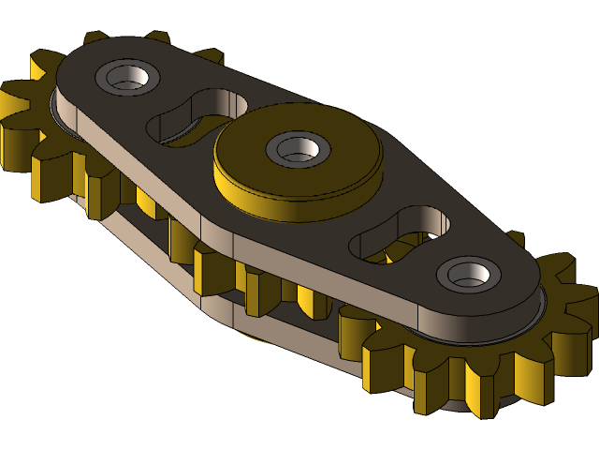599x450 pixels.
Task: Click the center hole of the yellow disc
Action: pos(298,148)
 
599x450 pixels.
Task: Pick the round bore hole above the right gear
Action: pos(467,274)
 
